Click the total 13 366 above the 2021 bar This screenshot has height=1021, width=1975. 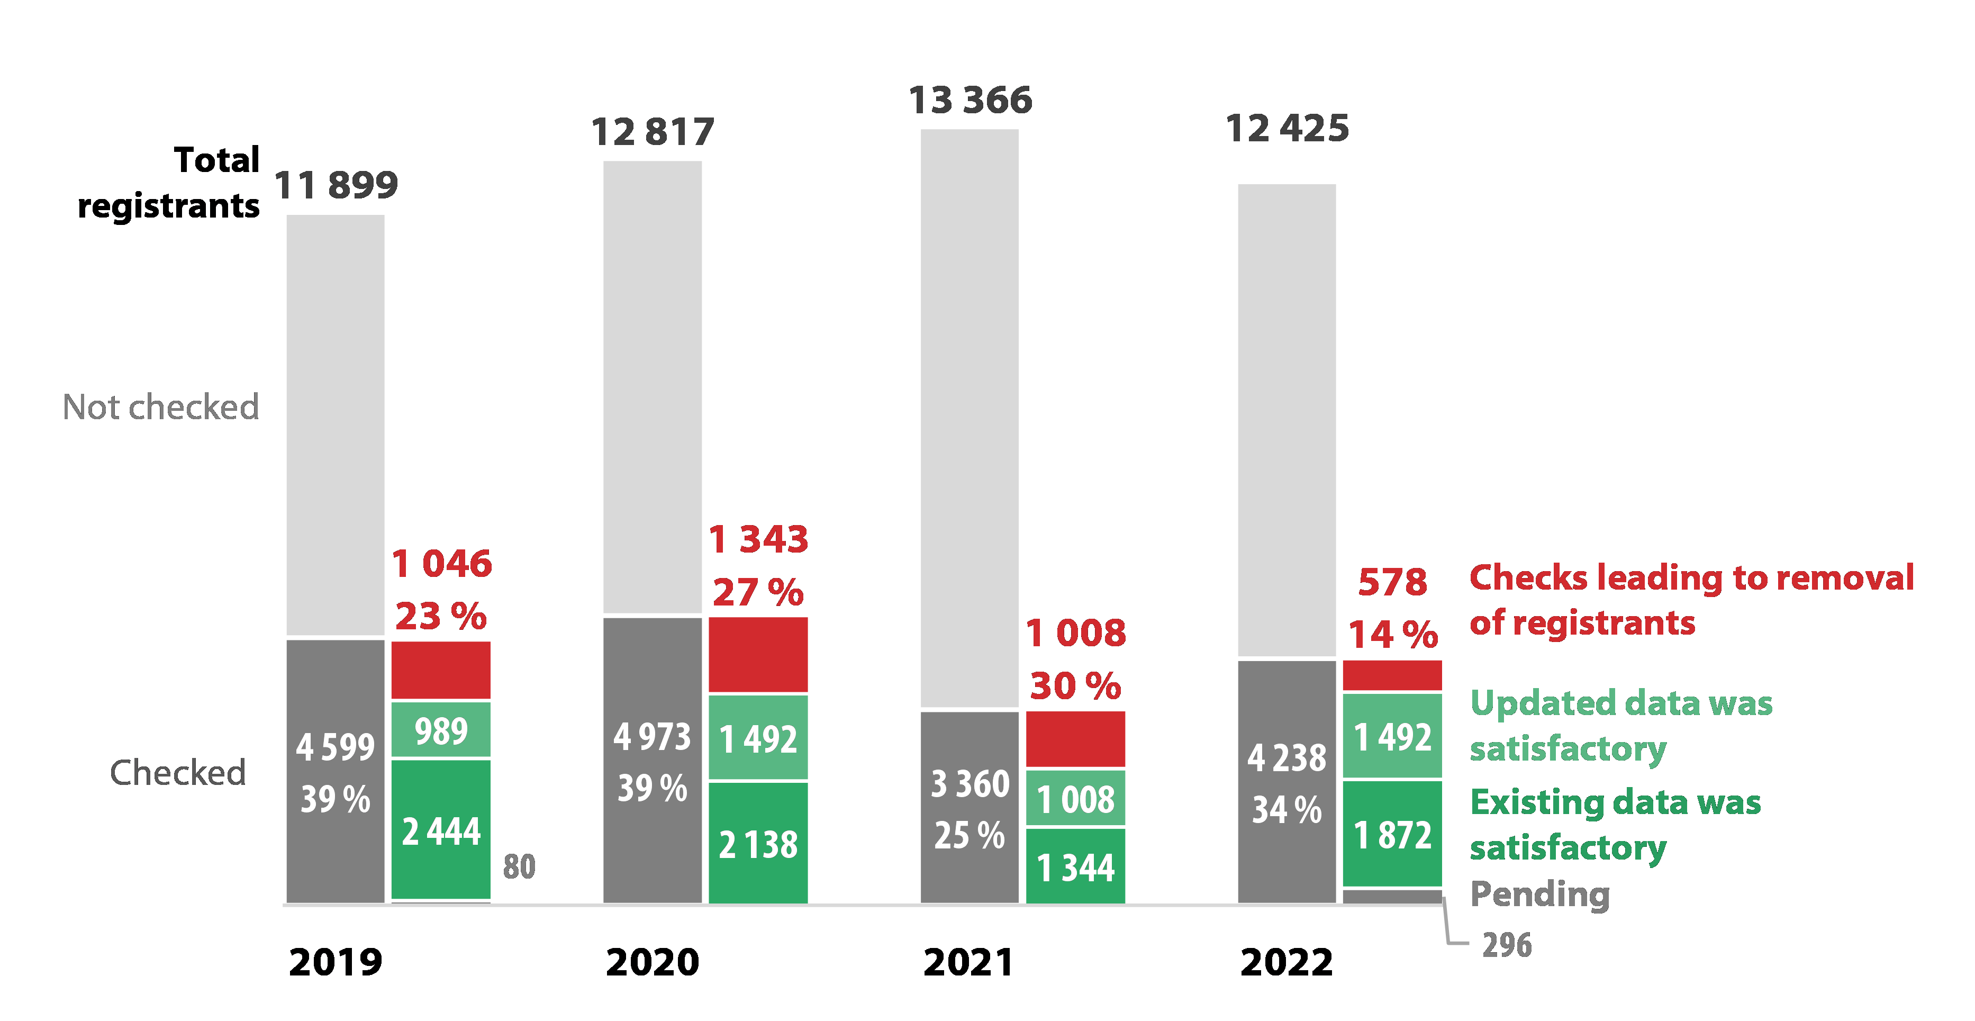(x=970, y=101)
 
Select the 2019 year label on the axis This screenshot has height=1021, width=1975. (x=335, y=962)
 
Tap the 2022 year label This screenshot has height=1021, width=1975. (x=1287, y=962)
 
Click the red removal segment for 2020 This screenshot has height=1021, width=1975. (x=757, y=654)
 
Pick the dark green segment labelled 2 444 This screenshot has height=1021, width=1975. (x=441, y=829)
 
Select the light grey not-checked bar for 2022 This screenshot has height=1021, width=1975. (x=1287, y=420)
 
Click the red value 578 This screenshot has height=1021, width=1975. (x=1392, y=582)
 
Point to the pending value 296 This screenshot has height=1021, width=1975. (x=1507, y=945)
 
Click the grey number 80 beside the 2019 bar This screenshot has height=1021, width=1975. (x=519, y=867)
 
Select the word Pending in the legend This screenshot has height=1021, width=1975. (x=1539, y=894)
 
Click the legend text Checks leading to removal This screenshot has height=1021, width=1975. (x=1691, y=577)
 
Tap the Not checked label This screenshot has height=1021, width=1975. (x=160, y=408)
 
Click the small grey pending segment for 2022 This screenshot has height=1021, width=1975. (x=1392, y=896)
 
